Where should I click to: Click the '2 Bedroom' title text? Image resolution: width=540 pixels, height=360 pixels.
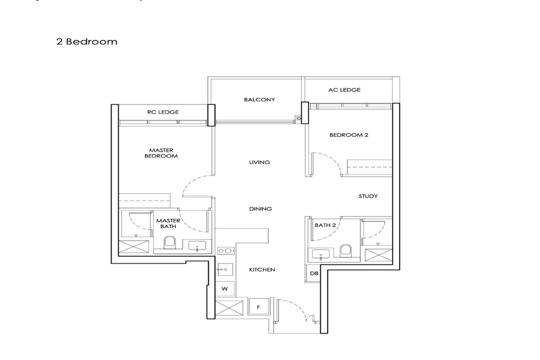pos(87,41)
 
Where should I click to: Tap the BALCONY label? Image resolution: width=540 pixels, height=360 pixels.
pos(259,100)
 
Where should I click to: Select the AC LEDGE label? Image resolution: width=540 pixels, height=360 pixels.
pos(344,90)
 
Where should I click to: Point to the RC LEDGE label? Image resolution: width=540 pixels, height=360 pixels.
pos(163,112)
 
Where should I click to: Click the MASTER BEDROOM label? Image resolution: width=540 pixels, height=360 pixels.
pos(161,153)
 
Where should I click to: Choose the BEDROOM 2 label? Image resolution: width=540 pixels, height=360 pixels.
pos(349,135)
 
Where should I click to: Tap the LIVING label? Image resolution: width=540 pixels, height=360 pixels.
pos(259,162)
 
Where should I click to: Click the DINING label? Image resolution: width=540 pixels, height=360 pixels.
pos(260,209)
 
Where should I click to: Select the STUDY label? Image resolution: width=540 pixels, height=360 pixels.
pos(368,196)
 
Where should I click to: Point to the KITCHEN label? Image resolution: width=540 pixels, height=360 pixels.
pos(262,270)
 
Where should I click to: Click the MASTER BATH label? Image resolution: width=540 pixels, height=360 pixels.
pos(168,224)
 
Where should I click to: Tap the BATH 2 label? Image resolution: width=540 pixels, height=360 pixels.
pos(325,226)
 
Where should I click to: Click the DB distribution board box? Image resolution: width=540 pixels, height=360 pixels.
pos(313,274)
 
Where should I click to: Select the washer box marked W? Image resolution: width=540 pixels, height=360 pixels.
pos(225,289)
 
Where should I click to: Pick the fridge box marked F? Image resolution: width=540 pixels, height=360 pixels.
pos(259,307)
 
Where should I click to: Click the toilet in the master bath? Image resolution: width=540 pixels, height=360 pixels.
pos(169,242)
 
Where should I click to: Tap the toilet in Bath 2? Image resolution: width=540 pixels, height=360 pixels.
pos(346,250)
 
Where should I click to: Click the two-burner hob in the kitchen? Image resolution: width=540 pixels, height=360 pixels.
pos(225,251)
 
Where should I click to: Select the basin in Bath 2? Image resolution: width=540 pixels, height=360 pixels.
pos(320,254)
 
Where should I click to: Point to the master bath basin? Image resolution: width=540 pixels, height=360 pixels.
pos(197,246)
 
